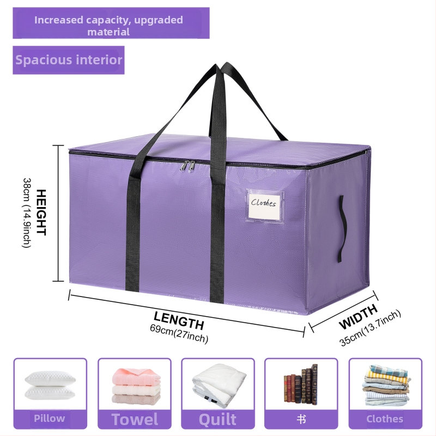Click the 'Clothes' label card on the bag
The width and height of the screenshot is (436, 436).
pos(265,205)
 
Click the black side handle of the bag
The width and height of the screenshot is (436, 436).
pos(343,228)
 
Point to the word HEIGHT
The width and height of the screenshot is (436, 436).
pos(41,213)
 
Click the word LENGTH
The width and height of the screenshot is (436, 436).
pos(179,320)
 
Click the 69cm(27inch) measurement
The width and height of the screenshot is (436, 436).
pos(179,334)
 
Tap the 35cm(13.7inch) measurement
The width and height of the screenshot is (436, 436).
pos(370,328)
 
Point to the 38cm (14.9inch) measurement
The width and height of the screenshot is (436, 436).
pos(27,213)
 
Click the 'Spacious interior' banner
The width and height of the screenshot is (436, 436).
pos(69,60)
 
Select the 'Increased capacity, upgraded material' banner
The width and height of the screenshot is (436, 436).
pos(111,23)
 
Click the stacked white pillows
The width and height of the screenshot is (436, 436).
pos(50,384)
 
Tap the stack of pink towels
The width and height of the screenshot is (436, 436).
pos(136,386)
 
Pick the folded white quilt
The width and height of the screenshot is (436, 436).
pos(219,385)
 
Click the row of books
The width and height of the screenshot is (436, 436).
pos(301,385)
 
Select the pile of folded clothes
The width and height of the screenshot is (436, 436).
pos(386,385)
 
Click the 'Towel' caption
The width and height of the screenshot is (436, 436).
pos(135,419)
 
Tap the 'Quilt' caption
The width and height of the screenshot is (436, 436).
pos(217,419)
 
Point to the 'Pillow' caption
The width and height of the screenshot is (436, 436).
pos(50,418)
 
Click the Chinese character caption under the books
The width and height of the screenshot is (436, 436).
pos(301,419)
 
